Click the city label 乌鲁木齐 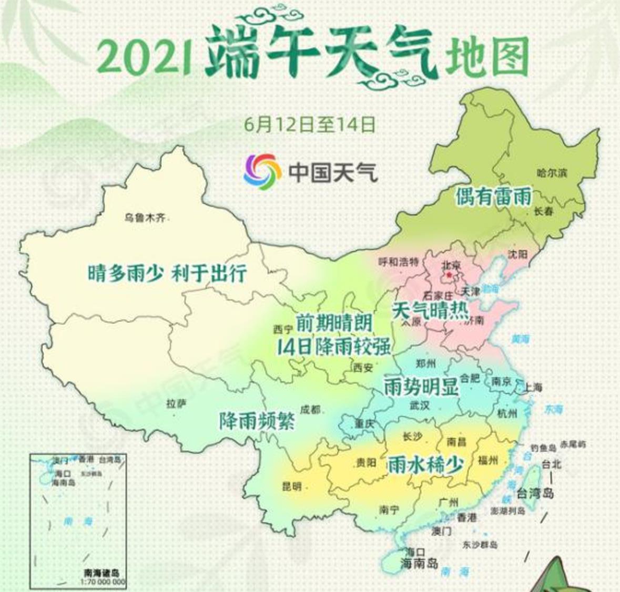pyautogui.click(x=145, y=217)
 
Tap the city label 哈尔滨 pyautogui.click(x=552, y=173)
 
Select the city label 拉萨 pyautogui.click(x=176, y=404)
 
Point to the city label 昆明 pyautogui.click(x=292, y=486)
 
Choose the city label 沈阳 pyautogui.click(x=517, y=254)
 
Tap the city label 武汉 pyautogui.click(x=420, y=406)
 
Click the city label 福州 pyautogui.click(x=488, y=461)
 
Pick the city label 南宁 pyautogui.click(x=389, y=509)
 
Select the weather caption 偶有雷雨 pyautogui.click(x=493, y=196)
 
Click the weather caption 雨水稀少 pyautogui.click(x=425, y=464)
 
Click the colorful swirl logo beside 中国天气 pyautogui.click(x=262, y=169)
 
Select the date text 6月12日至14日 pyautogui.click(x=310, y=124)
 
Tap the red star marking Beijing pyautogui.click(x=449, y=274)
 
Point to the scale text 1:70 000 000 pyautogui.click(x=103, y=581)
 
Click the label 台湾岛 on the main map pyautogui.click(x=535, y=494)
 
